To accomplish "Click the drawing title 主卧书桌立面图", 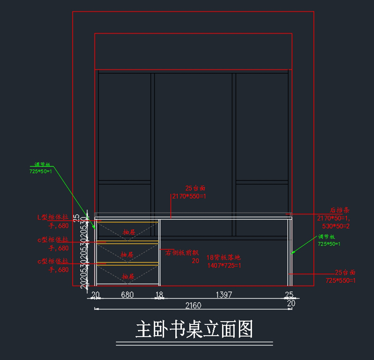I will (194, 329).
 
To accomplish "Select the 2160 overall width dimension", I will (193, 305).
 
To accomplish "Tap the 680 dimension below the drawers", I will (127, 294).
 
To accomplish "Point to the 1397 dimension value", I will (224, 294).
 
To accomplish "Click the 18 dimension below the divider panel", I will (159, 295).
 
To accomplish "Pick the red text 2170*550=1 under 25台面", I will (189, 196).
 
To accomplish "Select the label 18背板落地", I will (223, 257).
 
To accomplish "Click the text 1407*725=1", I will (224, 265).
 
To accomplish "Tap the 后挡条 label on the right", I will (340, 210).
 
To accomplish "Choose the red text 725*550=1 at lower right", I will (340, 280).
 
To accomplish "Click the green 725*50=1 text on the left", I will (41, 171).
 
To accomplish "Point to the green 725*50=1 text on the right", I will (329, 244).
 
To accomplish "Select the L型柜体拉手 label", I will (53, 217).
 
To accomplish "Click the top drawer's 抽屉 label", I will (129, 232).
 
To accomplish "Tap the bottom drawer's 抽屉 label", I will (128, 277).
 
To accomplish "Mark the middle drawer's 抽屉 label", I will (127, 255).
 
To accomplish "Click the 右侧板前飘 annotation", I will (182, 253).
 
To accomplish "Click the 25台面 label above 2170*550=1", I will (195, 188).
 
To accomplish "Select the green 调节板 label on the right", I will (326, 237).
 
